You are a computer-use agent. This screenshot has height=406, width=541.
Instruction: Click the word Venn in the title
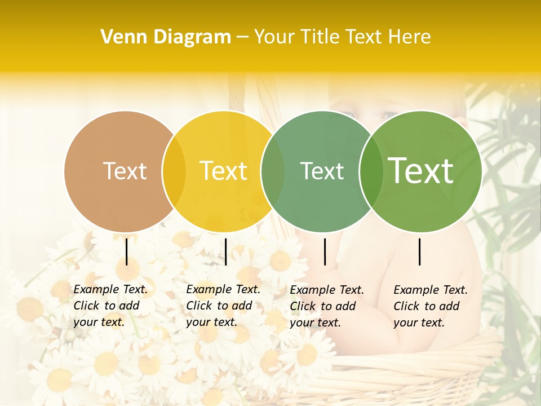[x=121, y=37]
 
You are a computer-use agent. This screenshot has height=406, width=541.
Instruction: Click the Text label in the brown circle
[x=125, y=171]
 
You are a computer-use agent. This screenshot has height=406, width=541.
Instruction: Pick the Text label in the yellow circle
[x=224, y=171]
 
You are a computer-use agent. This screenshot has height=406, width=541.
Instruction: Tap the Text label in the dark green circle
[x=322, y=171]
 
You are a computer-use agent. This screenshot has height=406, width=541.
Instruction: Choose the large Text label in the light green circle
[x=421, y=171]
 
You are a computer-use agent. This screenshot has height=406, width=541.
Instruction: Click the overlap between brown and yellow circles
[x=174, y=171]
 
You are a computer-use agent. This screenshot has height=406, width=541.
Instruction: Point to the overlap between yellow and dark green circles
[x=273, y=171]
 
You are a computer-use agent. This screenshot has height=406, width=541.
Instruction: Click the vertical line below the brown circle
[x=126, y=251]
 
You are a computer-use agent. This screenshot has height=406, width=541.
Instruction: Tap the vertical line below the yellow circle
[x=225, y=251]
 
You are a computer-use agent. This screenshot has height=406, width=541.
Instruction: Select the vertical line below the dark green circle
[x=325, y=251]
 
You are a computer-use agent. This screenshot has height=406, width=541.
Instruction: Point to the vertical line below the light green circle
[x=420, y=251]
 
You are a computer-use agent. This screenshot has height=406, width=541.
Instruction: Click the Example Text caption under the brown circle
[x=110, y=306]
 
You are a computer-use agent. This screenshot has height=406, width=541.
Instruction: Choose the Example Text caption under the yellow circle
[x=223, y=306]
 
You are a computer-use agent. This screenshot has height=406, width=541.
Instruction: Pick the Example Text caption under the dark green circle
[x=326, y=306]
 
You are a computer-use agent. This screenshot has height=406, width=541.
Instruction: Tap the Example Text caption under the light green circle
[x=430, y=306]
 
